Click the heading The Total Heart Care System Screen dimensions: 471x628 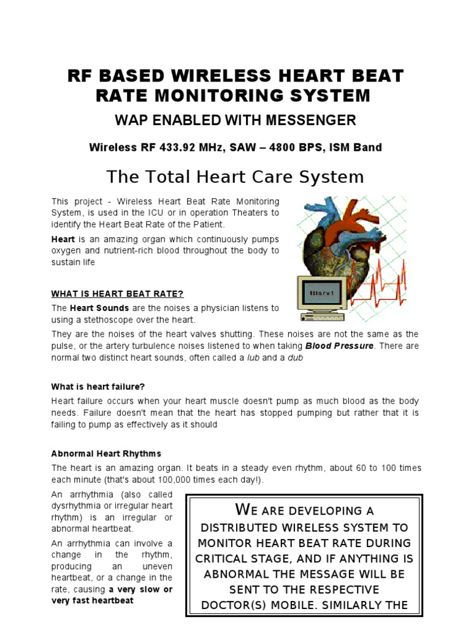pyautogui.click(x=235, y=177)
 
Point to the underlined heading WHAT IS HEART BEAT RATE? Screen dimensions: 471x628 pyautogui.click(x=118, y=294)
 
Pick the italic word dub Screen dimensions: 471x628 pyautogui.click(x=296, y=358)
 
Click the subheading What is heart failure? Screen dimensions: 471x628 pyautogui.click(x=98, y=386)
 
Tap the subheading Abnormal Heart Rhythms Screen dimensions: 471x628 pyautogui.click(x=106, y=454)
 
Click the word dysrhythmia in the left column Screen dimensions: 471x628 pyautogui.click(x=76, y=506)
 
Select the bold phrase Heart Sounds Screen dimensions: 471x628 pyautogui.click(x=99, y=308)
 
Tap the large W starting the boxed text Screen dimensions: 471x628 pyautogui.click(x=243, y=510)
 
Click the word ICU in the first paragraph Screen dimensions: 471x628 pyautogui.click(x=161, y=213)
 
